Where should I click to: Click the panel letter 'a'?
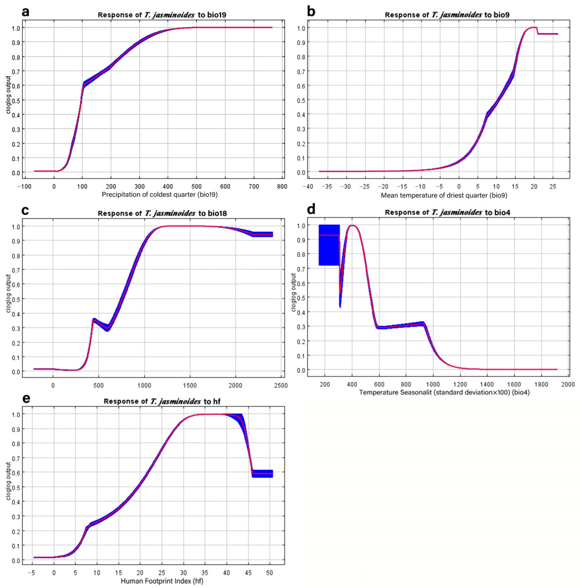[x=26, y=12]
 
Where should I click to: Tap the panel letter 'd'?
[x=311, y=209]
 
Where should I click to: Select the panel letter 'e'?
[x=26, y=398]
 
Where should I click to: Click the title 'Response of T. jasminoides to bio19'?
[x=162, y=15]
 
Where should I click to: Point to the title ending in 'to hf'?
[x=162, y=401]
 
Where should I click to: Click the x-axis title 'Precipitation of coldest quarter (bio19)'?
[x=160, y=195]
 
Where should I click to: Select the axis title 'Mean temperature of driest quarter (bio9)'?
[x=444, y=195]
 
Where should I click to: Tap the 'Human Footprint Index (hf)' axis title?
[x=162, y=581]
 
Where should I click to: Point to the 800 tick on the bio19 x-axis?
[x=282, y=186]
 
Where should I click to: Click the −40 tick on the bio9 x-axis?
[x=308, y=186]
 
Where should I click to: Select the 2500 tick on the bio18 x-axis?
[x=280, y=385]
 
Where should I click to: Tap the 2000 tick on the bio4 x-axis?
[x=568, y=384]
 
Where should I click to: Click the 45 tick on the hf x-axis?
[x=248, y=573]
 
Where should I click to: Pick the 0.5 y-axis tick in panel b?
[x=300, y=100]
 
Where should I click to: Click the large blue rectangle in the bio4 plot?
[x=329, y=245]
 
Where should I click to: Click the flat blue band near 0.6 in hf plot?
[x=262, y=474]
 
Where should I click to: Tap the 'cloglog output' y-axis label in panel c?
[x=9, y=294]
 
